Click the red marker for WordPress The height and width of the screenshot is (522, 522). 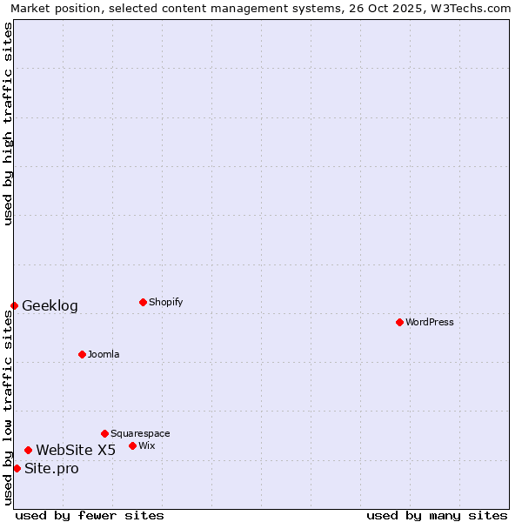399,322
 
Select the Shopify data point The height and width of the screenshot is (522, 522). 143,302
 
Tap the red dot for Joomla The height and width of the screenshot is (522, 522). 82,354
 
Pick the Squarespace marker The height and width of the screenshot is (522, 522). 104,433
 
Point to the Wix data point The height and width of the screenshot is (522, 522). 132,445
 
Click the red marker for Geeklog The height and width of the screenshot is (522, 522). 14,305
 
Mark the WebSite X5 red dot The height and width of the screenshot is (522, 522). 28,450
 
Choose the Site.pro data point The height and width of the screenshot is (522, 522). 17,468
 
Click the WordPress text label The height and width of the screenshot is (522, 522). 430,322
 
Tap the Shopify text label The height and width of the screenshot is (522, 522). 165,302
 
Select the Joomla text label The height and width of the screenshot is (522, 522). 104,354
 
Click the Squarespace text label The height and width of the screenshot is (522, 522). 140,433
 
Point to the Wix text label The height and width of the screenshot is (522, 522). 147,445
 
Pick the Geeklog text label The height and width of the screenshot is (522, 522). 50,305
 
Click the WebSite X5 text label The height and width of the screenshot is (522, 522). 76,450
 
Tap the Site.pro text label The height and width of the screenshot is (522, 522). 51,468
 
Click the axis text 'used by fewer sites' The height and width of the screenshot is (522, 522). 90,515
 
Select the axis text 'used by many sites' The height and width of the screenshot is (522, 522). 437,515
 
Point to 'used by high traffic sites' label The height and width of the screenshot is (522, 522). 8,124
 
